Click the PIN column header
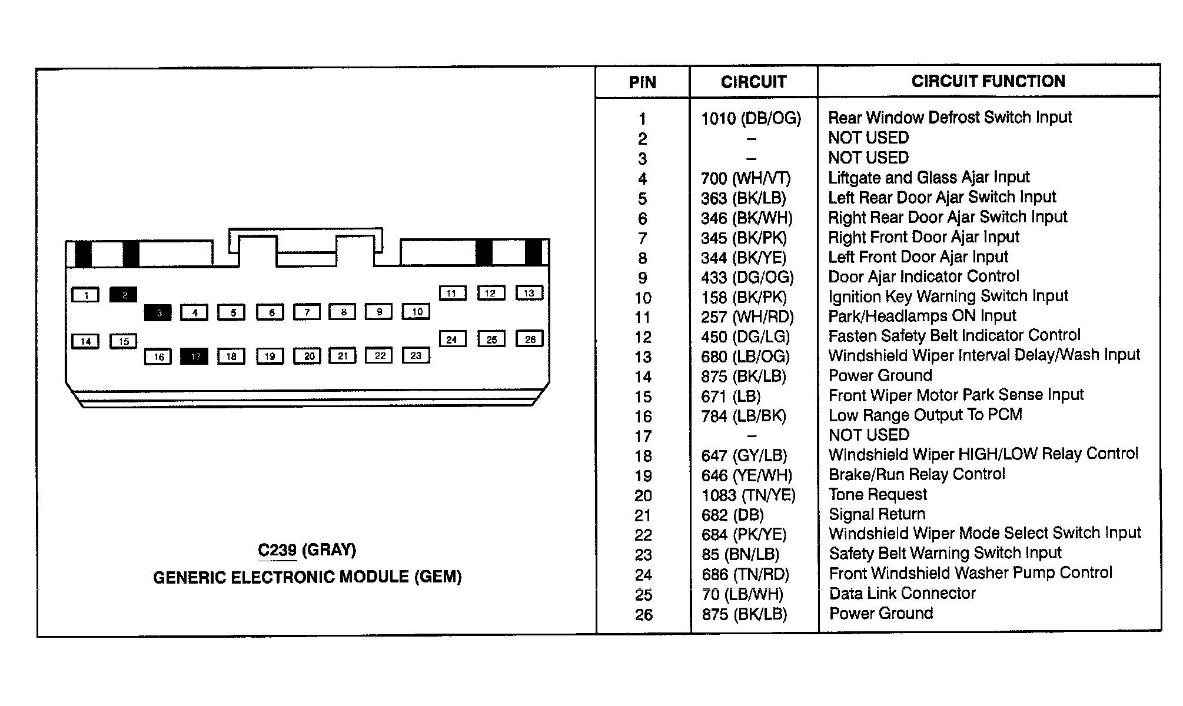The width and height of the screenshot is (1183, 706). tap(642, 82)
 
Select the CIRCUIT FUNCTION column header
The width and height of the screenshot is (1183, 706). tap(988, 81)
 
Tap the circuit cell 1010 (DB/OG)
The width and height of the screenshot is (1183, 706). tap(751, 119)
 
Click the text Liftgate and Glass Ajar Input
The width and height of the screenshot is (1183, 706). tap(929, 178)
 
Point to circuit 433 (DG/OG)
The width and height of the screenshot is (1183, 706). tap(747, 277)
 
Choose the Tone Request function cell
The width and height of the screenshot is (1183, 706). tap(878, 494)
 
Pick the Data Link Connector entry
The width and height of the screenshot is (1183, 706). tap(902, 593)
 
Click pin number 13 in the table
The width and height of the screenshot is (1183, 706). tap(643, 357)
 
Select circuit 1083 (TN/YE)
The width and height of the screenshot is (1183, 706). tap(748, 495)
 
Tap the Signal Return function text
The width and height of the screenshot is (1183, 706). tap(877, 514)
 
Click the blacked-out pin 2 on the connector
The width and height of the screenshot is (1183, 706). tap(124, 295)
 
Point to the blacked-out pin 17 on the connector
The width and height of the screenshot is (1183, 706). tap(194, 357)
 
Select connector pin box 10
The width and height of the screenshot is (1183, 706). tap(416, 312)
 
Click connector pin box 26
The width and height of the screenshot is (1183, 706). tap(530, 339)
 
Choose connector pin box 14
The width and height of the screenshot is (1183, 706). tap(85, 341)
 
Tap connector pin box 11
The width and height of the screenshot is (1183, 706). tap(452, 293)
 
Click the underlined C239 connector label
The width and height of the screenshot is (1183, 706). tap(277, 550)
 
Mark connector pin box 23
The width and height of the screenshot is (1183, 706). tap(416, 355)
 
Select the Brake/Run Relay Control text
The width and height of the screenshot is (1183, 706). tap(916, 474)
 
